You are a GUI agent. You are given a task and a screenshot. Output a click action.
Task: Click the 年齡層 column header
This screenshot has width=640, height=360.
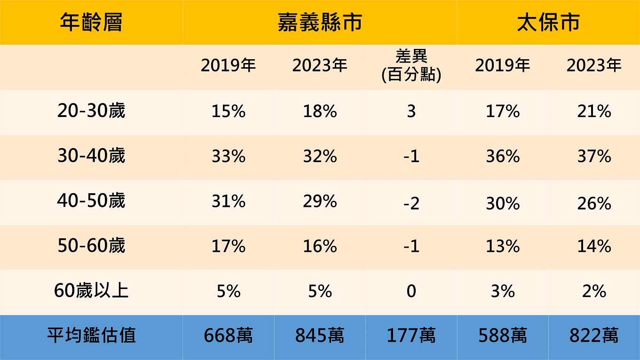91,23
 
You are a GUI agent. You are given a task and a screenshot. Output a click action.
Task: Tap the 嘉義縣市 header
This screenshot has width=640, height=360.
319,23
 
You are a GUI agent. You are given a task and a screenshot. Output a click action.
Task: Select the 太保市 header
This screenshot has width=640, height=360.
548,23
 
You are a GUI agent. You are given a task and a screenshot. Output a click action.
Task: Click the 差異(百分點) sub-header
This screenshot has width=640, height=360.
411,66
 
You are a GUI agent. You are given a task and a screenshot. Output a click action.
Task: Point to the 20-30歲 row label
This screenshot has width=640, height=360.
91,111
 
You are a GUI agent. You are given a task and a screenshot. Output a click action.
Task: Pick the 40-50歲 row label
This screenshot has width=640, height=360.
91,201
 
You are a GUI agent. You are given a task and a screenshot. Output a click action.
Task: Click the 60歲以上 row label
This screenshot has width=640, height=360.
91,291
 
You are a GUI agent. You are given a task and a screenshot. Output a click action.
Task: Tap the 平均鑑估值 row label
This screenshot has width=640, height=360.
91,336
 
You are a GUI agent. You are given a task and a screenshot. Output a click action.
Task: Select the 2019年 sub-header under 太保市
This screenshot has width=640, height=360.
502,66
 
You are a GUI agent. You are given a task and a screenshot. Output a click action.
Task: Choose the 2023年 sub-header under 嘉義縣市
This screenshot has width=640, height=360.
320,66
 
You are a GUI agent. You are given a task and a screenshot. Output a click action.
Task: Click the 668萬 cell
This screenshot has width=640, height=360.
228,336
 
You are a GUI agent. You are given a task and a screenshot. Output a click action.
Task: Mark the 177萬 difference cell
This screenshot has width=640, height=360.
411,336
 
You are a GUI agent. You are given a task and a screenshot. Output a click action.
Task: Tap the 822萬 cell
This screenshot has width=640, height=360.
594,336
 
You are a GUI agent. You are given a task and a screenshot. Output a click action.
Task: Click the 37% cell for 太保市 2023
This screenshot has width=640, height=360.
594,157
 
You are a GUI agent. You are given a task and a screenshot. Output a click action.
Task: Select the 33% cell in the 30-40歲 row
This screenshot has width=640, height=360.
228,157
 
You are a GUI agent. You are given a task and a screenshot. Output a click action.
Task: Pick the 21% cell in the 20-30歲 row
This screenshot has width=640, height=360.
594,111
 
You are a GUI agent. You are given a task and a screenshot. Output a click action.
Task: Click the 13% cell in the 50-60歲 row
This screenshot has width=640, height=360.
503,246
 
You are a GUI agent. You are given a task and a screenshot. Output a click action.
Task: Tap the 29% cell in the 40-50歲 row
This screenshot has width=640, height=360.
320,202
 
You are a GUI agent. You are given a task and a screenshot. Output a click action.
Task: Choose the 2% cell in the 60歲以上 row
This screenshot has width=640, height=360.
594,291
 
